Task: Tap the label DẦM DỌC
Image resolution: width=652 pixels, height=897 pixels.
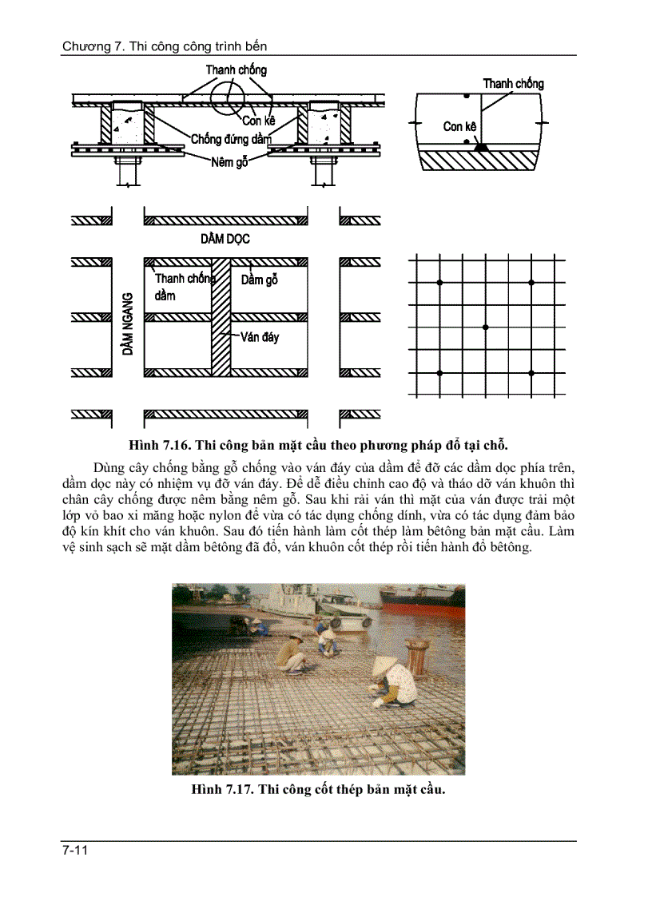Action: coord(225,239)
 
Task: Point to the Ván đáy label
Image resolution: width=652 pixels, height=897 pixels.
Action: coord(259,338)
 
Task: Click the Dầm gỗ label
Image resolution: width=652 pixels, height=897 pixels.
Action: coord(260,280)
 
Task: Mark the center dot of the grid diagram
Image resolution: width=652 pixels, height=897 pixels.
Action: coord(486,327)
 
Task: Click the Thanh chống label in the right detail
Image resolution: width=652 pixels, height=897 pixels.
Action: coord(513,84)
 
